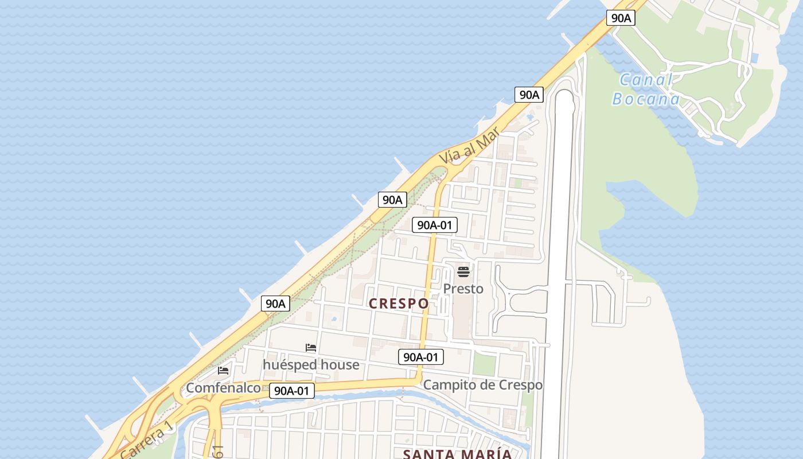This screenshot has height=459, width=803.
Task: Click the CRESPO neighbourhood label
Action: click(399, 304)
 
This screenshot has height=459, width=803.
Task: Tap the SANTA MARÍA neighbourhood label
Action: click(457, 454)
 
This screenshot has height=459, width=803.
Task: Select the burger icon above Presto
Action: click(463, 271)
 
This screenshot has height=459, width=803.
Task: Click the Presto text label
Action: click(463, 289)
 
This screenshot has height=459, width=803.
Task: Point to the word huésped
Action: click(290, 365)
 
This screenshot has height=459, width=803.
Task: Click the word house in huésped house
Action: click(340, 365)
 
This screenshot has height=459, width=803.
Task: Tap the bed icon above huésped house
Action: click(311, 348)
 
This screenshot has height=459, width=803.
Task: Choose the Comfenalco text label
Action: click(223, 388)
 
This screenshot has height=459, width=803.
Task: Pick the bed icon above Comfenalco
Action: click(223, 371)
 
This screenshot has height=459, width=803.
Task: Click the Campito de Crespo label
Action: click(482, 385)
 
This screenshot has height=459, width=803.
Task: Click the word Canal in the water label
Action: click(646, 80)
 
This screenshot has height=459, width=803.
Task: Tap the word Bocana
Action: click(646, 99)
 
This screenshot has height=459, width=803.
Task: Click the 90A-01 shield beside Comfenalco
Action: click(292, 391)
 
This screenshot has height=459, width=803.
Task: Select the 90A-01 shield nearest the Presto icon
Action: click(435, 225)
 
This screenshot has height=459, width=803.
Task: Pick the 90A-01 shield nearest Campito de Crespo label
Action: click(421, 357)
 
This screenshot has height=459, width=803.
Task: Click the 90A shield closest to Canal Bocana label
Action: click(621, 18)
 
